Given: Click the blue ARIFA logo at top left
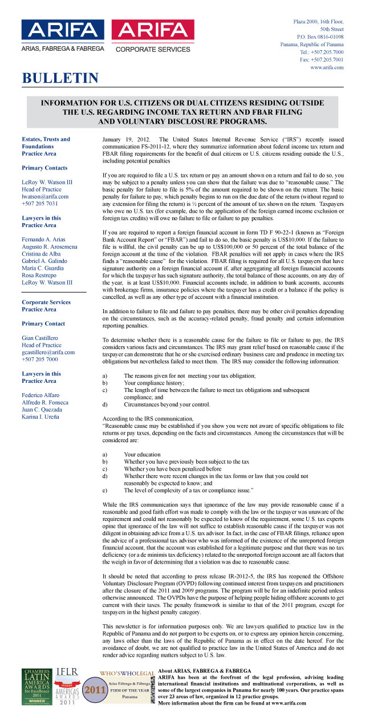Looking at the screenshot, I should coord(63,35).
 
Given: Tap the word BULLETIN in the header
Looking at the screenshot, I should coord(60,78).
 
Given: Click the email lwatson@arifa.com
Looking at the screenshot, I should coord(45,196).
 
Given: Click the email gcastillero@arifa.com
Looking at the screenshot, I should coord(48,352).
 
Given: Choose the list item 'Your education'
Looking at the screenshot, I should coord(143,454).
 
